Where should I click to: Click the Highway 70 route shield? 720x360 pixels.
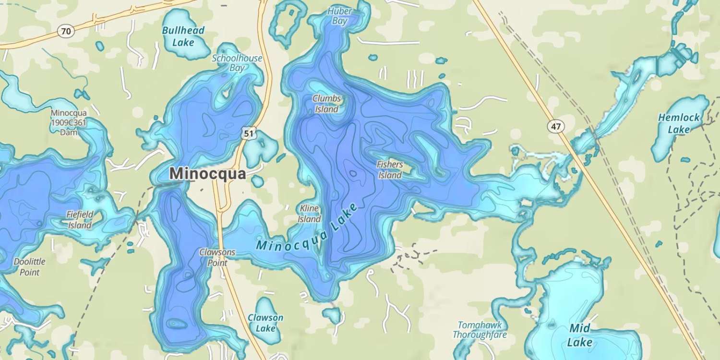coord(66,32)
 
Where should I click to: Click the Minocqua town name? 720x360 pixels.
coord(208,174)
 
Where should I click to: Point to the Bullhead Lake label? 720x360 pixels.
coord(183,36)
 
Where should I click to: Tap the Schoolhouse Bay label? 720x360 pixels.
coord(237,63)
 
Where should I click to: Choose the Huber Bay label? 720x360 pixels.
coord(339,16)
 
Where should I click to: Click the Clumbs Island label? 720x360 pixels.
coord(326,104)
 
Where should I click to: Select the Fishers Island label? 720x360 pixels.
coord(390,170)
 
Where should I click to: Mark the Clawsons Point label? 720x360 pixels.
coord(217,257)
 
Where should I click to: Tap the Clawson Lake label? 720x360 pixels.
coord(265,323)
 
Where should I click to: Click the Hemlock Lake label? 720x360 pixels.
coord(679,123)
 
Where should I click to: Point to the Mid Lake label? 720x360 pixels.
coord(579,335)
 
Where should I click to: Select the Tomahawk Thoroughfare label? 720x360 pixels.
coord(480,330)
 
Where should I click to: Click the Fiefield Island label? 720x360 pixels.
coord(80,219)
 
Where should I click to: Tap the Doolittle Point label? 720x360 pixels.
coord(30,267)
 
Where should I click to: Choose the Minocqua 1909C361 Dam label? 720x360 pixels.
coord(69,123)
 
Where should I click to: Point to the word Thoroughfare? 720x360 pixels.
coord(480,335)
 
